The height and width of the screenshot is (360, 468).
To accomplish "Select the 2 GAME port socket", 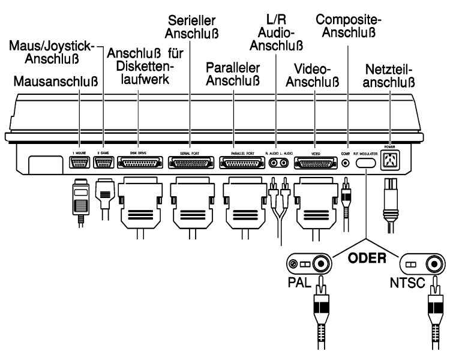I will pyautogui.click(x=104, y=163).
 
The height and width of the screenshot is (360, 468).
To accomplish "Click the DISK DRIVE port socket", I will pyautogui.click(x=139, y=163).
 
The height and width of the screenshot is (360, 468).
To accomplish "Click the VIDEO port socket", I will pyautogui.click(x=315, y=163).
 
